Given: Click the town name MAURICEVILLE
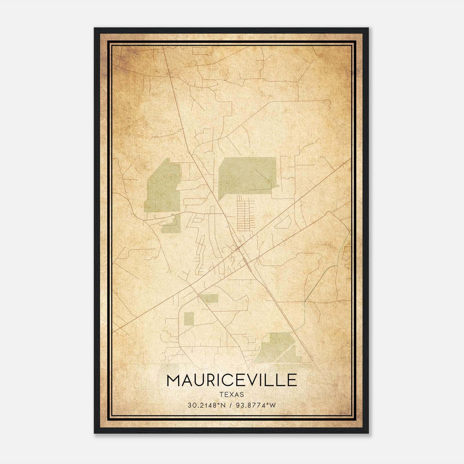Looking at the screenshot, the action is [x=232, y=380].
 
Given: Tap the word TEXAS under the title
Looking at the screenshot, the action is [x=232, y=394].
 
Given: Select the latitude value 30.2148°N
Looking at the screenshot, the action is [x=206, y=405].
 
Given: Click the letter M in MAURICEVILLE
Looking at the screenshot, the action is [x=173, y=380].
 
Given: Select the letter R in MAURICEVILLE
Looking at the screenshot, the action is [x=212, y=380].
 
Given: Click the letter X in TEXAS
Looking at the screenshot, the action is [x=232, y=394].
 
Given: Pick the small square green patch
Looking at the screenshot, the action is [x=189, y=319].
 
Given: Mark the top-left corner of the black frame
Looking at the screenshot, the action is [x=95, y=28].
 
